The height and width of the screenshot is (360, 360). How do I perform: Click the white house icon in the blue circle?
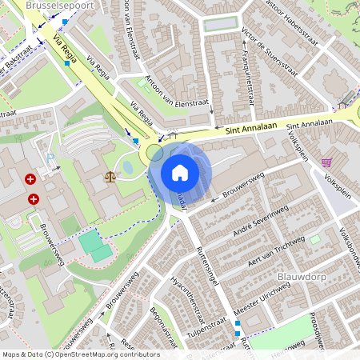coord(180,172)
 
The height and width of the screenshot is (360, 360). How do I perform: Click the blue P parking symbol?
coord(50,157)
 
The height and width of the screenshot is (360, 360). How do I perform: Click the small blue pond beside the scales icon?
coord(128,168)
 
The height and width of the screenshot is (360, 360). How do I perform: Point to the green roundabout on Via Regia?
coord(154,151)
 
